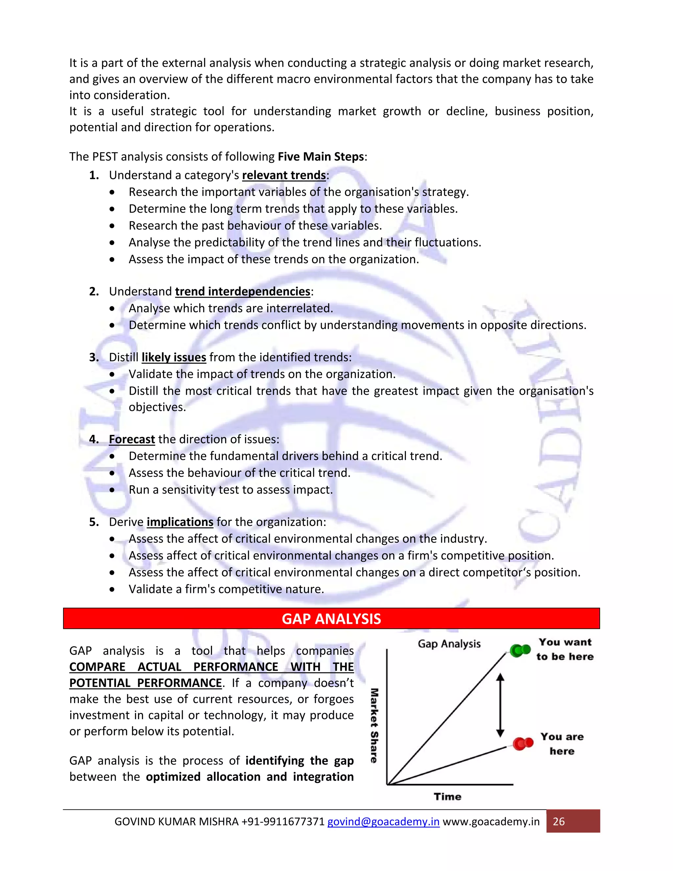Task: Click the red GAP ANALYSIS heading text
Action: tap(331, 619)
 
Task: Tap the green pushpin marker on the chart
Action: tap(520, 651)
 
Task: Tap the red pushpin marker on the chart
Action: tap(523, 743)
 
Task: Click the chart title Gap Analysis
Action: tap(449, 644)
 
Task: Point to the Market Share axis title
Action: tap(374, 725)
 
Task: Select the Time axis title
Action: tap(447, 796)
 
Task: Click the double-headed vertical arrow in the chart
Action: tap(500, 705)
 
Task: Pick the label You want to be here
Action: tap(565, 649)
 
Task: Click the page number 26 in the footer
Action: tap(559, 822)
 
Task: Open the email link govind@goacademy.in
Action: tap(383, 822)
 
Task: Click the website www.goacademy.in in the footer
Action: tap(491, 822)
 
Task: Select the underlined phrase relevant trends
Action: tap(284, 175)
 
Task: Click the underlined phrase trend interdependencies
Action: tap(243, 292)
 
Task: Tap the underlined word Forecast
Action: tap(132, 439)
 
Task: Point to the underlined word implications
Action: tap(180, 522)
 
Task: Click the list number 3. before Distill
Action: tap(94, 357)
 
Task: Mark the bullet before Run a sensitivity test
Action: tap(112, 490)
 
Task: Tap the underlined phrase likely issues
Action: tap(174, 357)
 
